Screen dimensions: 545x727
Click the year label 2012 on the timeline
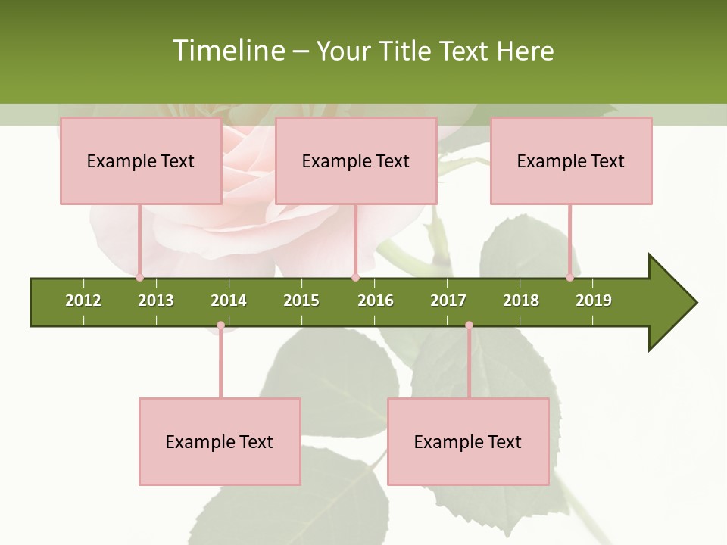[x=83, y=301]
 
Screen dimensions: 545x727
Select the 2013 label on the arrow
[x=156, y=301]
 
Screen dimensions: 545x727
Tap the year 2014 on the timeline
[x=229, y=301]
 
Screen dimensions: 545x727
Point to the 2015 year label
[x=301, y=301]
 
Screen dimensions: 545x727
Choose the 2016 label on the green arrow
[x=376, y=301]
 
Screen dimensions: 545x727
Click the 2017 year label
[x=448, y=301]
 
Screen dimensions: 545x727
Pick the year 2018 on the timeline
[x=521, y=301]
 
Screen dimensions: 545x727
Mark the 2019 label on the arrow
[x=594, y=301]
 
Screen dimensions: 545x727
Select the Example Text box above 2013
[x=141, y=160]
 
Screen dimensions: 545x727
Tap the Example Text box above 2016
[x=356, y=160]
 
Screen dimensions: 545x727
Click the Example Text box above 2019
[x=571, y=160]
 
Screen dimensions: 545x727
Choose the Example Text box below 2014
[x=220, y=442]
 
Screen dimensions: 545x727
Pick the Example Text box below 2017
[x=468, y=442]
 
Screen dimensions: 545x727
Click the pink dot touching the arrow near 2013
[x=139, y=278]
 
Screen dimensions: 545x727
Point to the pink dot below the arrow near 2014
[x=220, y=325]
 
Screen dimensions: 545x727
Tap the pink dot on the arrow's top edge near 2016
[x=355, y=278]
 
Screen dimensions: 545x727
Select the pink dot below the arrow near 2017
[x=469, y=325]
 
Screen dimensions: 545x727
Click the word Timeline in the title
[x=228, y=51]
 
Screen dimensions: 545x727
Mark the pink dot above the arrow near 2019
[x=569, y=278]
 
